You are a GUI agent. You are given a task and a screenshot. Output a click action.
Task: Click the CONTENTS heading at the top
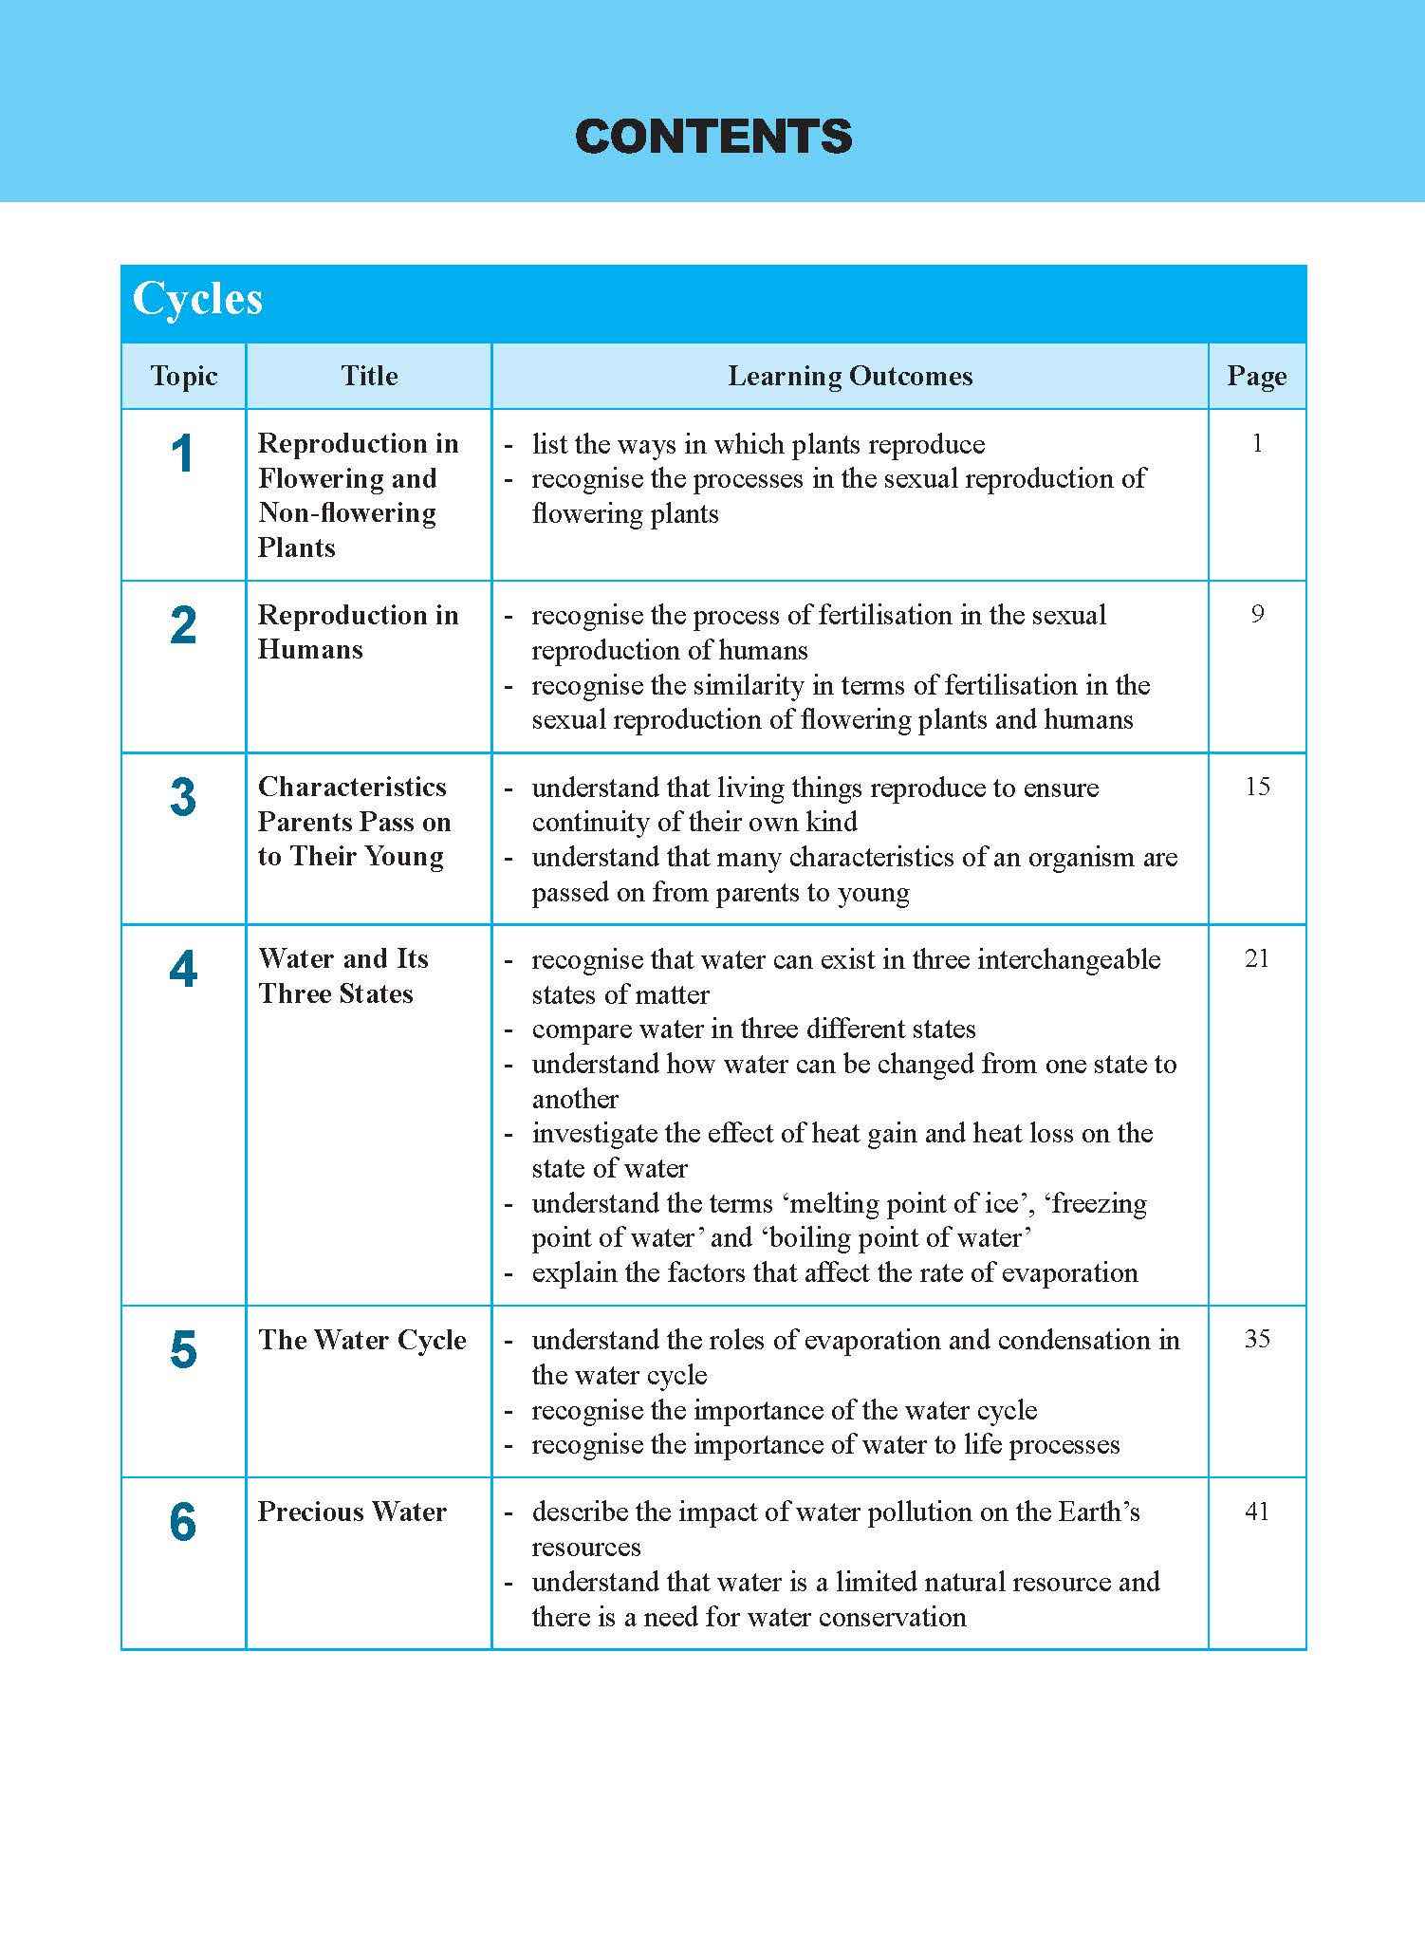point(713,137)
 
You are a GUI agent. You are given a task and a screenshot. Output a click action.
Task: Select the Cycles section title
point(197,299)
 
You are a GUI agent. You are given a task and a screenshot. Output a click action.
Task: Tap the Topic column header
point(183,377)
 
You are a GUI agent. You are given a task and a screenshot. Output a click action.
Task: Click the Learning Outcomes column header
point(850,377)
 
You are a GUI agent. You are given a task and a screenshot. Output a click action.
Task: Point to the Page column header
point(1256,377)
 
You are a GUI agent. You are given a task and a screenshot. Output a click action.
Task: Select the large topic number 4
point(183,970)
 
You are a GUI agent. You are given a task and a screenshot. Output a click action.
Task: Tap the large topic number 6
point(183,1523)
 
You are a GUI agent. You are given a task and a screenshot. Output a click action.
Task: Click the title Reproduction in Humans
point(358,632)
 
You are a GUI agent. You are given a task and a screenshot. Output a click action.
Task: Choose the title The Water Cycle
point(361,1340)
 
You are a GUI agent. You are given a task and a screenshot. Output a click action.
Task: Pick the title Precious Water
point(352,1512)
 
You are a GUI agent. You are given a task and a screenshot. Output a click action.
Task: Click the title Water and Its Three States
point(342,976)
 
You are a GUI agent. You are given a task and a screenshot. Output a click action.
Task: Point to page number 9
point(1257,615)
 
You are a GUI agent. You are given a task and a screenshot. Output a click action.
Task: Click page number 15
point(1257,787)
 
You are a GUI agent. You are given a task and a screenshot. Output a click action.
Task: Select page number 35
point(1257,1339)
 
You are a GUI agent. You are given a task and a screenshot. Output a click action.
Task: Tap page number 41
point(1257,1511)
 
